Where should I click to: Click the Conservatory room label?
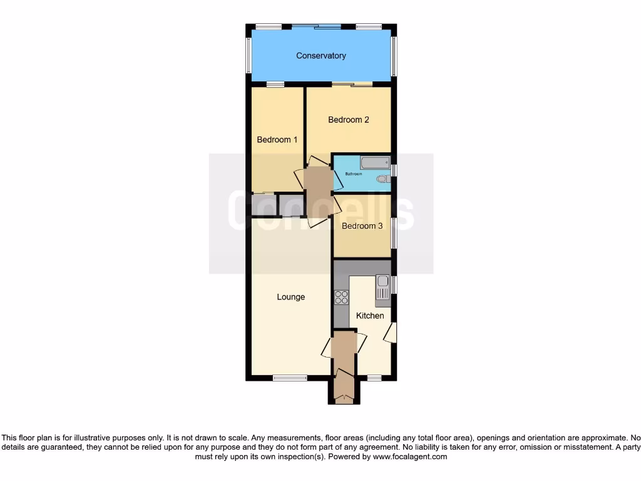pyautogui.click(x=320, y=56)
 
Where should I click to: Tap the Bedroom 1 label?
pyautogui.click(x=277, y=140)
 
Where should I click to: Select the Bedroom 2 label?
pyautogui.click(x=349, y=120)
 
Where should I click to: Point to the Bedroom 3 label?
pyautogui.click(x=362, y=226)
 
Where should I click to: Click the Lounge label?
pyautogui.click(x=291, y=297)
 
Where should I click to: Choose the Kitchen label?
pyautogui.click(x=370, y=316)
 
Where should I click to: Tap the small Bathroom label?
pyautogui.click(x=354, y=173)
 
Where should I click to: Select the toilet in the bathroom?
pyautogui.click(x=382, y=180)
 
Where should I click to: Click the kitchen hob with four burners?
pyautogui.click(x=342, y=297)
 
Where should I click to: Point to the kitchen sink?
pyautogui.click(x=382, y=288)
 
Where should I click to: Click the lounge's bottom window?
pyautogui.click(x=290, y=378)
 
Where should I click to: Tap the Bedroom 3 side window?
pyautogui.click(x=394, y=233)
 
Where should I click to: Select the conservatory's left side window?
pyautogui.click(x=248, y=55)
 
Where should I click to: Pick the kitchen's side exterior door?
pyautogui.click(x=391, y=333)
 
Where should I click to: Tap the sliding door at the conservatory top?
pyautogui.click(x=316, y=26)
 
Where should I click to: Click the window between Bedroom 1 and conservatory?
pyautogui.click(x=275, y=84)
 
